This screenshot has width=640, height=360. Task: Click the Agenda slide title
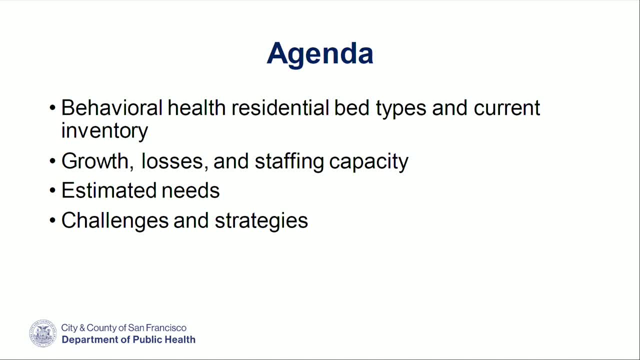coord(320,53)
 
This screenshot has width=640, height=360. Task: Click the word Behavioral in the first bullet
coord(112,108)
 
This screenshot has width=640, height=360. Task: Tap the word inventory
coord(104,131)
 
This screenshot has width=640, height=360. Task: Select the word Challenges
coord(114,220)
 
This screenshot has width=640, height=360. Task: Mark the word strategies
coord(261,221)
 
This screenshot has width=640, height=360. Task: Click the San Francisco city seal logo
coord(43,333)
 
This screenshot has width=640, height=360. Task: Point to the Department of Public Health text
coord(128,340)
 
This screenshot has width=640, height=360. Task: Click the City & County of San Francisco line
coord(123,328)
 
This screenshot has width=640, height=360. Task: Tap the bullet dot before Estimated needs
coord(53,191)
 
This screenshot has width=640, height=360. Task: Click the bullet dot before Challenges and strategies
coord(53,220)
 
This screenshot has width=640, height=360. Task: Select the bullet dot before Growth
coord(53,161)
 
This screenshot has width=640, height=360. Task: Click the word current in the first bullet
coord(506,108)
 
